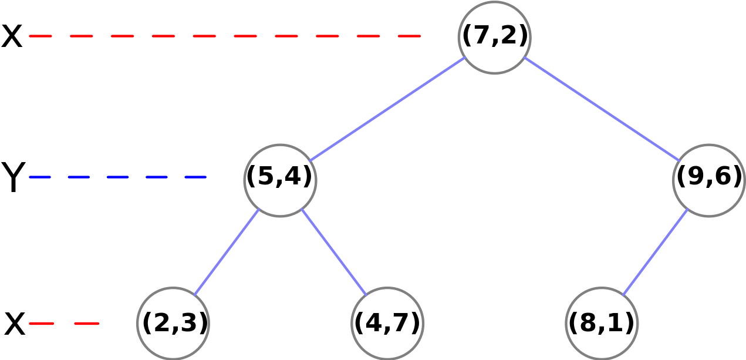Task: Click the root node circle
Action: point(494,38)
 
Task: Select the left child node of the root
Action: point(280,180)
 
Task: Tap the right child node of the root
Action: point(708,180)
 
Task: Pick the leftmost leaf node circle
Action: point(173,323)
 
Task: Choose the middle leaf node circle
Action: point(387,323)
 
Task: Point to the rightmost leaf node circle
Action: point(602,323)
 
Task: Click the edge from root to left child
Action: point(387,109)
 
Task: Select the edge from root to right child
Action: point(601,109)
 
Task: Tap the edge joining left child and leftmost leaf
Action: point(227,251)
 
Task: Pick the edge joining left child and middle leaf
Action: point(333,251)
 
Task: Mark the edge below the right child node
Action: point(655,251)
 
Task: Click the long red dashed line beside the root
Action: point(225,36)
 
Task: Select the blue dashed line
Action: point(117,177)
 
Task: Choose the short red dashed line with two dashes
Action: point(64,323)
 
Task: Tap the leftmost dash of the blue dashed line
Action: point(40,177)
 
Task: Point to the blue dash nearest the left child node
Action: point(195,177)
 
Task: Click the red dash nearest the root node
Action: point(409,36)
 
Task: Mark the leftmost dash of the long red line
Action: point(40,36)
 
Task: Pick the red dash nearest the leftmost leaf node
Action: point(87,323)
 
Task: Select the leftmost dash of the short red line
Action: point(41,323)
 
